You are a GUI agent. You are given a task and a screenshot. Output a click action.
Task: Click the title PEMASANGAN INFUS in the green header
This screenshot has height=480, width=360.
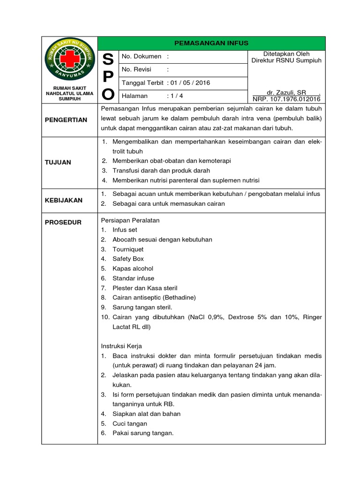(x=211, y=43)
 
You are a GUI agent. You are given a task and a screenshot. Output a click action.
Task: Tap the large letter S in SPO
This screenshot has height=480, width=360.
(x=108, y=60)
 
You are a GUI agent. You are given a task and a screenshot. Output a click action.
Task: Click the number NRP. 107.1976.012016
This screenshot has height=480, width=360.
(x=286, y=99)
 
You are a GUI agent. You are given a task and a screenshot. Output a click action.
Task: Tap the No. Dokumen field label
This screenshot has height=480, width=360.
(x=141, y=57)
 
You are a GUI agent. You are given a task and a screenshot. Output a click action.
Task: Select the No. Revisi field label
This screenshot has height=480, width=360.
(x=138, y=70)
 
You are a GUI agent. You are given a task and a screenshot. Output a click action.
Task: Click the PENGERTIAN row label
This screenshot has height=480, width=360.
(x=66, y=120)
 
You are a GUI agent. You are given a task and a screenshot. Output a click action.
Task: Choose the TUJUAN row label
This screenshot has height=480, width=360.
(x=58, y=162)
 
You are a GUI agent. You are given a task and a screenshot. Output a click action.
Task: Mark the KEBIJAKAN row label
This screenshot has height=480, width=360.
(x=64, y=200)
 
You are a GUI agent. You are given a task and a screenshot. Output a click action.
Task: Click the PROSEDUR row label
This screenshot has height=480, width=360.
(x=63, y=222)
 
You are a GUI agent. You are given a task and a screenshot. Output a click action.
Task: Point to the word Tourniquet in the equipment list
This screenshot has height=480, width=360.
(x=128, y=249)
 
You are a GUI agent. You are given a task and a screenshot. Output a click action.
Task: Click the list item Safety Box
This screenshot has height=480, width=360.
(x=128, y=259)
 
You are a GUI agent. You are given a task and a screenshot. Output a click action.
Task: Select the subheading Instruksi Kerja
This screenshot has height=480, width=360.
(x=121, y=346)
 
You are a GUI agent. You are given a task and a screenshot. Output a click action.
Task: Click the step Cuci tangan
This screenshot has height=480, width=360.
(x=129, y=423)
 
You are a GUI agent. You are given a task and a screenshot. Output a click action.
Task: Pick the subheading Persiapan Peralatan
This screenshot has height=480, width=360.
(x=130, y=220)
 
